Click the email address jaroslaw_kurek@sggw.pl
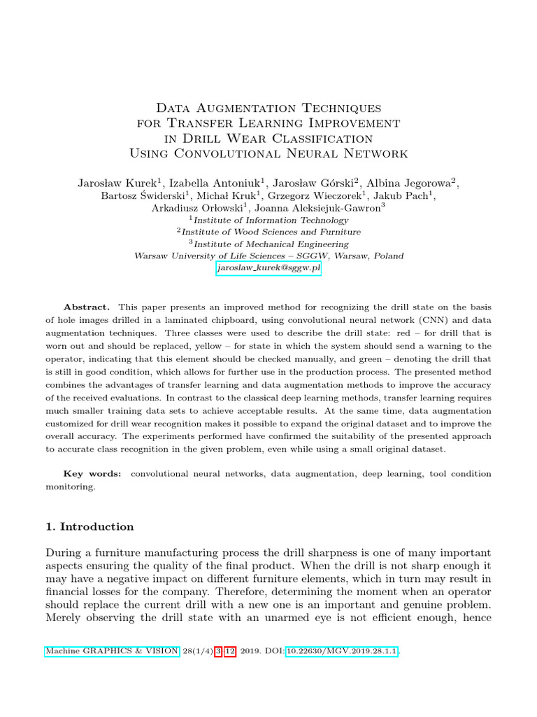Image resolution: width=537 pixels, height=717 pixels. click(268, 268)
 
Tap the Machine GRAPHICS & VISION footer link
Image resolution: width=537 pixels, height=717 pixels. click(113, 651)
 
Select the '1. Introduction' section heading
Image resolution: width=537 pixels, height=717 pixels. click(89, 527)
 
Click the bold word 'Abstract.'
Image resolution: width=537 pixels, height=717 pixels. click(87, 307)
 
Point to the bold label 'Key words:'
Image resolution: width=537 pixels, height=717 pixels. click(92, 474)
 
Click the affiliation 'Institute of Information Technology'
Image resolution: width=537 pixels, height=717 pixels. click(271, 220)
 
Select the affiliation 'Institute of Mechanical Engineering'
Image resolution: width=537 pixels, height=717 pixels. click(271, 244)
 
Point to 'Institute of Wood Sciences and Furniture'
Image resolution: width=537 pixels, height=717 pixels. click(271, 232)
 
